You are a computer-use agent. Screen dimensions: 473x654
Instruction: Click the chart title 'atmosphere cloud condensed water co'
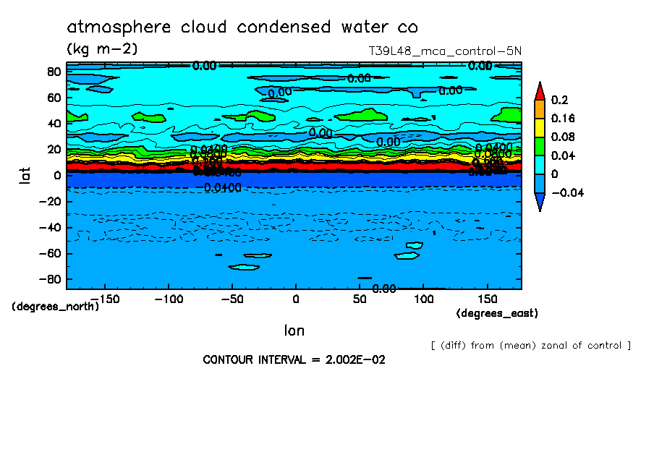pos(242,27)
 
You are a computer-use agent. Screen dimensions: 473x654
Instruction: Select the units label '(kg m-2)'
pos(101,49)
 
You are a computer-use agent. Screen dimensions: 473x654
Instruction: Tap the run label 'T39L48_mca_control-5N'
pos(444,51)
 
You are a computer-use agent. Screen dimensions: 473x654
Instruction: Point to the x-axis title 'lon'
pos(294,331)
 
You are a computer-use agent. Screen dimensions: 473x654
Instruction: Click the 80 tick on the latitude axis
pos(52,71)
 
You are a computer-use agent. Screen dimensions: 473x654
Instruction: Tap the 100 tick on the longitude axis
pos(423,299)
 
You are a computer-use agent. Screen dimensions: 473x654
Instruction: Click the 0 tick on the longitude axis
pos(295,299)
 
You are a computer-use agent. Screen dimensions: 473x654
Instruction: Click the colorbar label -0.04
pos(568,193)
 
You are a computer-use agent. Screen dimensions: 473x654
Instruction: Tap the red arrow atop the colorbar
pos(540,90)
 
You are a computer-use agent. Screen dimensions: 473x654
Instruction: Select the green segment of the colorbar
pos(540,146)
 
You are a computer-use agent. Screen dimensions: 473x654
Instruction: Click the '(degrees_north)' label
pos(56,307)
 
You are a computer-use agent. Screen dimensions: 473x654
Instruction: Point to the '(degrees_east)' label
pos(497,313)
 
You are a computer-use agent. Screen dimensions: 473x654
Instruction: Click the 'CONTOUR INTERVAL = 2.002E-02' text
pos(294,359)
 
